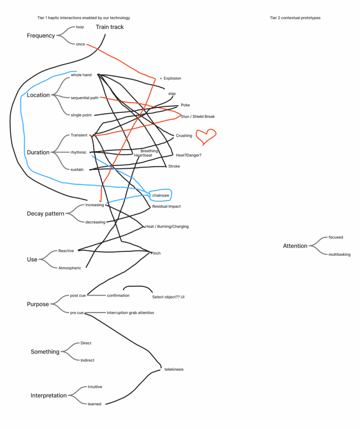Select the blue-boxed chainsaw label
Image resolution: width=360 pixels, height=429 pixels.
pos(160,195)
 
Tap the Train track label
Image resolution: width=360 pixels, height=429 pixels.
pos(110,27)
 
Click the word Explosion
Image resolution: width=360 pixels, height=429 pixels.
pos(172,78)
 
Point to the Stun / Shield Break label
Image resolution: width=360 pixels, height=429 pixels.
pos(198,116)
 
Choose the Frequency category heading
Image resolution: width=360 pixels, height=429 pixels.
pos(41,36)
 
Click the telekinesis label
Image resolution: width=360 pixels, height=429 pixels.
pos(174,370)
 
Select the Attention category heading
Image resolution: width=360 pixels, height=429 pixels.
pos(295,246)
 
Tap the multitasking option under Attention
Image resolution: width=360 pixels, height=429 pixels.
pos(339,254)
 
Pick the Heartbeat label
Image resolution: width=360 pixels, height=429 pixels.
pos(143,155)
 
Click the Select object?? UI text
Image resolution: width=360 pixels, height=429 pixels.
pos(168,297)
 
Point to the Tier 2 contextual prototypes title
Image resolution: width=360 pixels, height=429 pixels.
pos(295,18)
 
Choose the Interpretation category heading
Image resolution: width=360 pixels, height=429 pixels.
pos(49,395)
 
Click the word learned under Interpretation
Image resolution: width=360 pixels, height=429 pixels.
pos(94,404)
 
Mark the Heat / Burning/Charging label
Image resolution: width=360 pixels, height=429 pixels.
pos(167,227)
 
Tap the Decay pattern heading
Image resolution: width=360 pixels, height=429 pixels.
pos(46,214)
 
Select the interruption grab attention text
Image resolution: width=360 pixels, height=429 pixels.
pos(130,313)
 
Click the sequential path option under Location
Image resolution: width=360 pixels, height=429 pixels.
pos(85,98)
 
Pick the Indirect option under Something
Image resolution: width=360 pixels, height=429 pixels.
pos(87,360)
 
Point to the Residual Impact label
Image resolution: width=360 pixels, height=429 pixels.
pos(166,207)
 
